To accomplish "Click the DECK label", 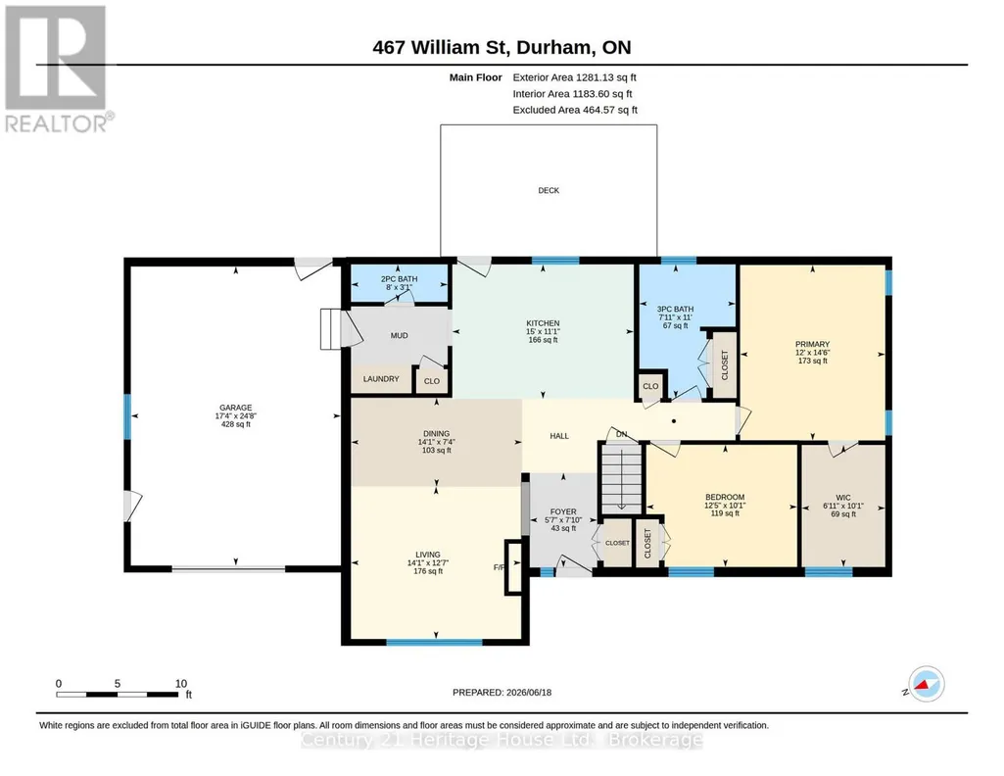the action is pos(549,190).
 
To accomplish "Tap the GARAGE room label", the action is pos(236,408).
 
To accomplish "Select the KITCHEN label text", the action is pos(543,323).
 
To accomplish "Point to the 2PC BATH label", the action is pos(399,279).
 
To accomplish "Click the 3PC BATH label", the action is pos(675,309).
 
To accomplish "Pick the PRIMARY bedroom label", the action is pos(813,344).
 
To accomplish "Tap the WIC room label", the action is pos(843,498).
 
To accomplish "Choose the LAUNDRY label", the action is pos(381,379).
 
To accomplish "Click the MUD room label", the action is pos(399,335).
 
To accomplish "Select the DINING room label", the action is pos(436,433).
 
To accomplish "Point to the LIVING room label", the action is pos(428,555).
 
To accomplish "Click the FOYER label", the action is pos(563,511).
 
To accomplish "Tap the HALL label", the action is pos(559,436).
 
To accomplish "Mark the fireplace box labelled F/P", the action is pos(513,567).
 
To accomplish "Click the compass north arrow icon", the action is pos(926,684).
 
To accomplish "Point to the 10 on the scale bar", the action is pos(181,683).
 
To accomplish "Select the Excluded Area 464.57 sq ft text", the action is pos(575,110).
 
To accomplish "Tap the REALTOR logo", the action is pos(59,70).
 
